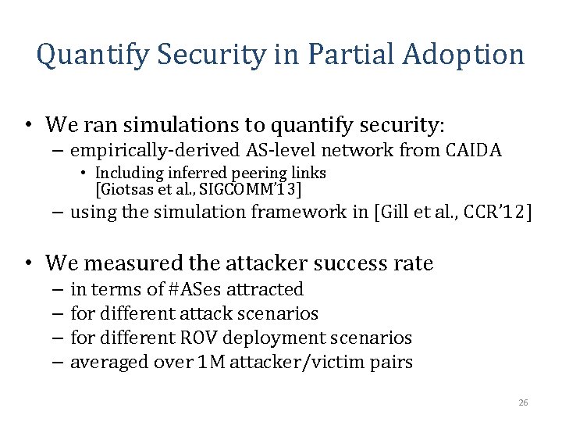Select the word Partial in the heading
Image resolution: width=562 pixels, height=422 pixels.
click(x=343, y=55)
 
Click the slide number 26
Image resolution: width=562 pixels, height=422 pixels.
click(x=523, y=402)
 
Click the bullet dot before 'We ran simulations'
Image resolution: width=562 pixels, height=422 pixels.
click(x=27, y=125)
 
